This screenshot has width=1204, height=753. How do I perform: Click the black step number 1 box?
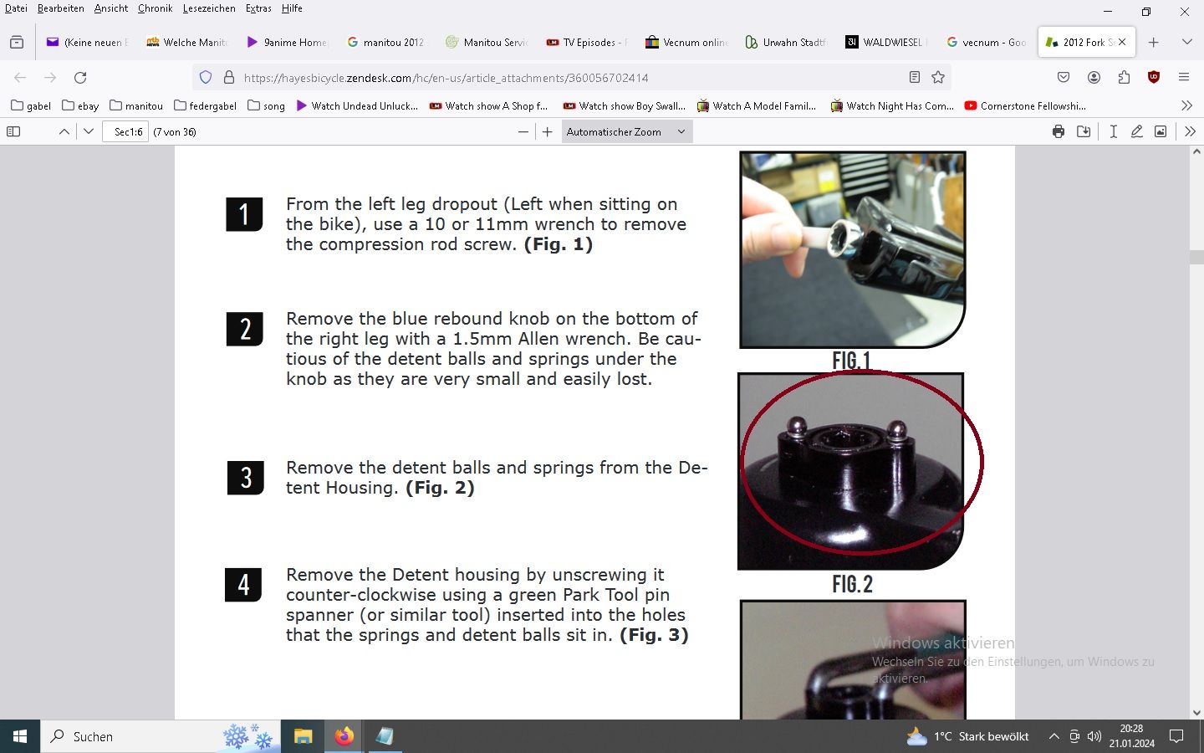244,214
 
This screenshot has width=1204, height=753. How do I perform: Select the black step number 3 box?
246,478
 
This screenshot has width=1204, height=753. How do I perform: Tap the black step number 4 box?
243,585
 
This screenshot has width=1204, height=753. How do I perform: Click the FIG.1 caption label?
851,361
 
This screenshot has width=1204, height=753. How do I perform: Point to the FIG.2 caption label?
853,584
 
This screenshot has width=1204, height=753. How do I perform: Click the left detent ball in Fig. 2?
796,427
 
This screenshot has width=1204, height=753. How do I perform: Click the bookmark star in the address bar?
938,78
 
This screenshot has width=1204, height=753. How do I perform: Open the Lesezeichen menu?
209,8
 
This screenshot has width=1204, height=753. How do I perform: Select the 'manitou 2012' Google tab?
386,42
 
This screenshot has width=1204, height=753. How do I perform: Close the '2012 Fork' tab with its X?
1122,42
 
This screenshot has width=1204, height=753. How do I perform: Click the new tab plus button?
1154,43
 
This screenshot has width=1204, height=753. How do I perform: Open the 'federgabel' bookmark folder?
206,106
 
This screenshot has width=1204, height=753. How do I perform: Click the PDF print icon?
1059,132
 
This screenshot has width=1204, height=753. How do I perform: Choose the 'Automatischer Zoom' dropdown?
627,132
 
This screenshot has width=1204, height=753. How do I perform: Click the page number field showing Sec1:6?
125,132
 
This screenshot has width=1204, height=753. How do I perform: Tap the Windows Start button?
20,736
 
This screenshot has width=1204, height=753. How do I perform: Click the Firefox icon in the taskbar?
344,735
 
